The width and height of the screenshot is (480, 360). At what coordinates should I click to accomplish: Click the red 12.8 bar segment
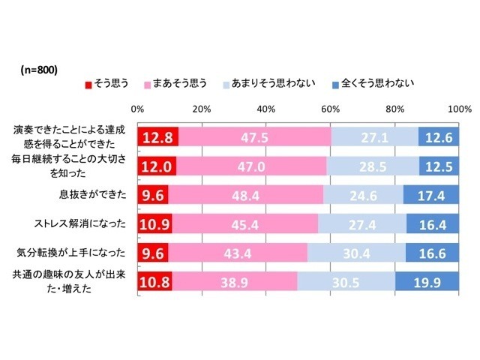[x=157, y=137]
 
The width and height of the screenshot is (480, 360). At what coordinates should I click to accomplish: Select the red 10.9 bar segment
[x=154, y=223]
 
